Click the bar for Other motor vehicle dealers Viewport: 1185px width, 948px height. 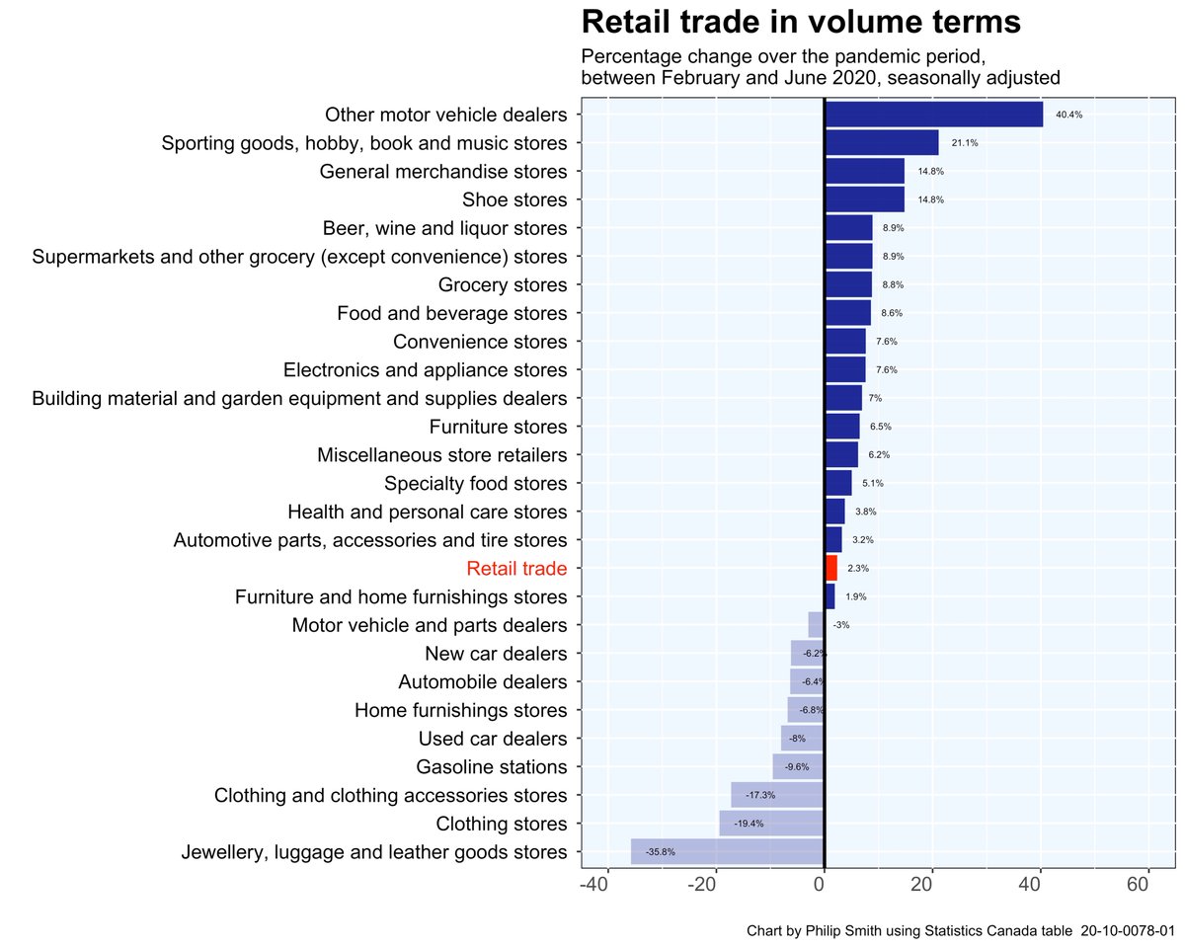coord(933,115)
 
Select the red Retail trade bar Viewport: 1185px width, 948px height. coord(830,568)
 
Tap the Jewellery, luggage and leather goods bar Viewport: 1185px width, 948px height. coord(727,851)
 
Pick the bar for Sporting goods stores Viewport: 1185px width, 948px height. coord(881,143)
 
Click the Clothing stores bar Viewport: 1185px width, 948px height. coord(771,823)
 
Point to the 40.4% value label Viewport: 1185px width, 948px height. coord(1068,115)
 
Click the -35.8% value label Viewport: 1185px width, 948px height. coord(660,851)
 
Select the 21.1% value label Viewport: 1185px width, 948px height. coord(964,143)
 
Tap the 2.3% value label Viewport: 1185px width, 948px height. coord(858,569)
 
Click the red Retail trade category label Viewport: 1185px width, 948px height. coord(516,569)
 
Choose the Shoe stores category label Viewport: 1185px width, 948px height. coord(514,200)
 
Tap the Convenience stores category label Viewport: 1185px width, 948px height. coord(480,342)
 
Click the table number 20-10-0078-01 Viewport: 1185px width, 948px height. coord(1127,930)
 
